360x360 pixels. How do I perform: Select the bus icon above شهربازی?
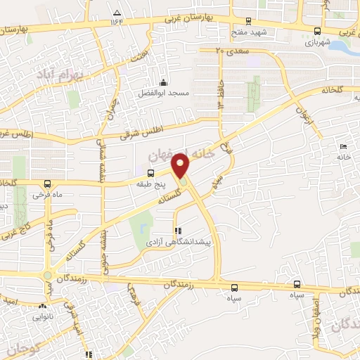pos(318,31)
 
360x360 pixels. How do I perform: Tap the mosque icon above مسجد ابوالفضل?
pos(164,82)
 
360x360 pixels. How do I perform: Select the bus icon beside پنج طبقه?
pos(150,173)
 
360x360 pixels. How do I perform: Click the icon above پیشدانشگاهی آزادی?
pos(177,231)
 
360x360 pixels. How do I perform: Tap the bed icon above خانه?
pos(343,146)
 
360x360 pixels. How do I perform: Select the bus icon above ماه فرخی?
pos(46,183)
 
